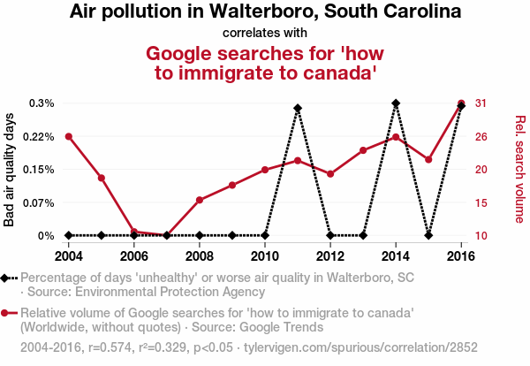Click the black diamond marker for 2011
click(298, 109)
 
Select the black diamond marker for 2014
click(396, 103)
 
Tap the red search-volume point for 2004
click(68, 136)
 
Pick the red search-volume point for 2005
click(102, 178)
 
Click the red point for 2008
click(200, 200)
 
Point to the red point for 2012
click(330, 174)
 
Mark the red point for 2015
click(428, 160)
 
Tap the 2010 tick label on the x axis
click(265, 256)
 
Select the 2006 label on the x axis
click(134, 256)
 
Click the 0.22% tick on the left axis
click(39, 136)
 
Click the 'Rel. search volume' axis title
click(520, 169)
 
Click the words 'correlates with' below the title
click(265, 34)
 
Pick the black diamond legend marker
click(6, 278)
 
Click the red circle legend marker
click(6, 313)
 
